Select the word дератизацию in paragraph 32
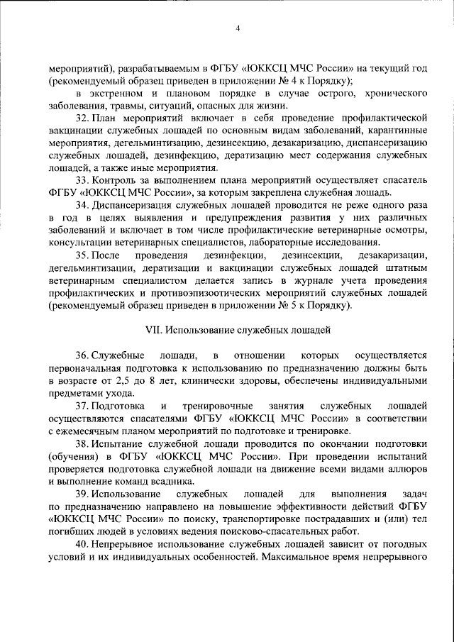[x=267, y=155]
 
